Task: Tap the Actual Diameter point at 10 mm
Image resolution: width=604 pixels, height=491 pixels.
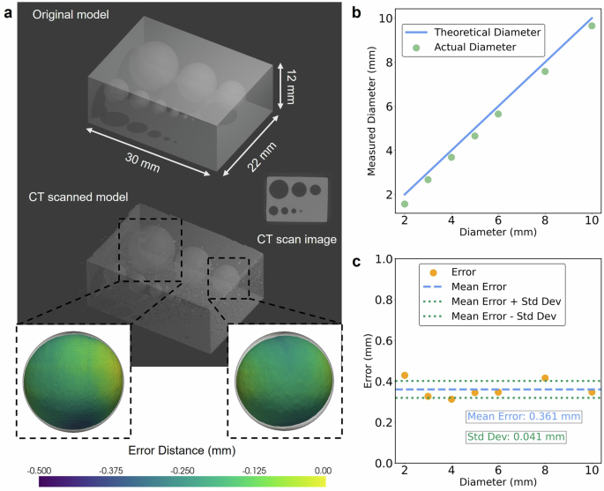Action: coord(592,26)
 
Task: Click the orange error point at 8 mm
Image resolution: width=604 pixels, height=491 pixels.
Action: coord(545,378)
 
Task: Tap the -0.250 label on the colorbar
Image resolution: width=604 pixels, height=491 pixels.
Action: coord(182,471)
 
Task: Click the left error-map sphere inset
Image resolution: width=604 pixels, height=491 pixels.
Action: coord(74,381)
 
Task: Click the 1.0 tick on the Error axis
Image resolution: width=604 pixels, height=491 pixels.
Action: coord(381,259)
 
